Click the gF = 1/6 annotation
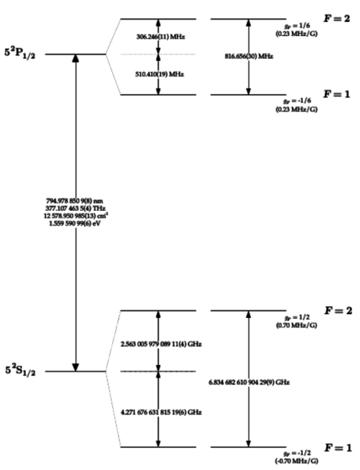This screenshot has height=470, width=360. pos(297,27)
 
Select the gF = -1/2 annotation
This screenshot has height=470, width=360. pos(297,454)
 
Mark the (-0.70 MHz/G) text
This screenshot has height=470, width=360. pos(297,463)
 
